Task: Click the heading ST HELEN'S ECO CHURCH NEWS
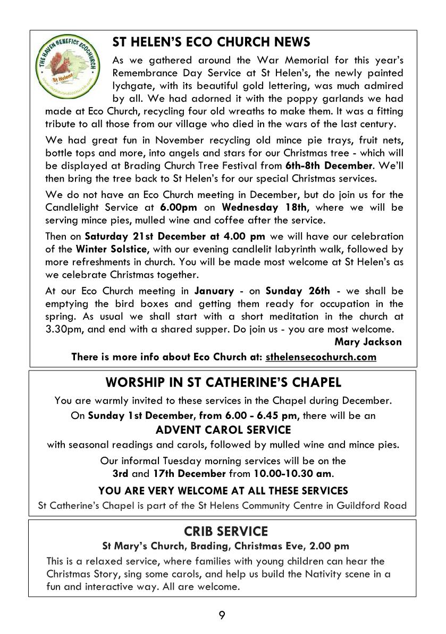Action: [212, 42]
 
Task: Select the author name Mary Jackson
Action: [368, 342]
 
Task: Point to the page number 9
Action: [222, 615]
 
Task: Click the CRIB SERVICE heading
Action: [225, 531]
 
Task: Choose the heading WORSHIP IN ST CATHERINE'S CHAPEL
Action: [223, 382]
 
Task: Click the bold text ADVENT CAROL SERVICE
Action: [223, 430]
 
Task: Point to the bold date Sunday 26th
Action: [298, 291]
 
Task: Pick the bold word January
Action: [214, 291]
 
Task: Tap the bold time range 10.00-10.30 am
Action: [285, 473]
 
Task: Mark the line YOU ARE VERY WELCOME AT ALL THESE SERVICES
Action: [223, 490]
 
